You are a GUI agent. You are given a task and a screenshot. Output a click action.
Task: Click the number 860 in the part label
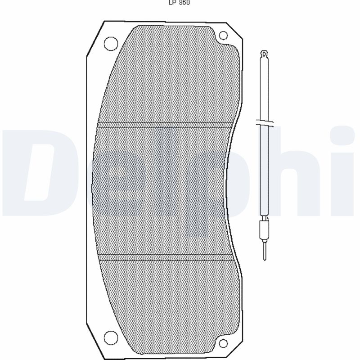click(184, 2)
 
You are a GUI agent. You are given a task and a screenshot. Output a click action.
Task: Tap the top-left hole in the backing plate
click(110, 44)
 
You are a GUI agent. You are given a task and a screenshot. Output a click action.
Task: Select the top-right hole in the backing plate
click(223, 36)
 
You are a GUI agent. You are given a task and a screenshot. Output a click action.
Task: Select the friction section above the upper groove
click(171, 76)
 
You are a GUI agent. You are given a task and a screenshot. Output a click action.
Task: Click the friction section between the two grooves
click(162, 191)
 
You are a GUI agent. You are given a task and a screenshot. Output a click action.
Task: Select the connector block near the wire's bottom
click(265, 230)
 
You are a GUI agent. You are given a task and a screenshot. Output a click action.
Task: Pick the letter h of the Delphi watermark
click(288, 171)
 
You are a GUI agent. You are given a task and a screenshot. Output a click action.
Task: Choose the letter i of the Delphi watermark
click(344, 171)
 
